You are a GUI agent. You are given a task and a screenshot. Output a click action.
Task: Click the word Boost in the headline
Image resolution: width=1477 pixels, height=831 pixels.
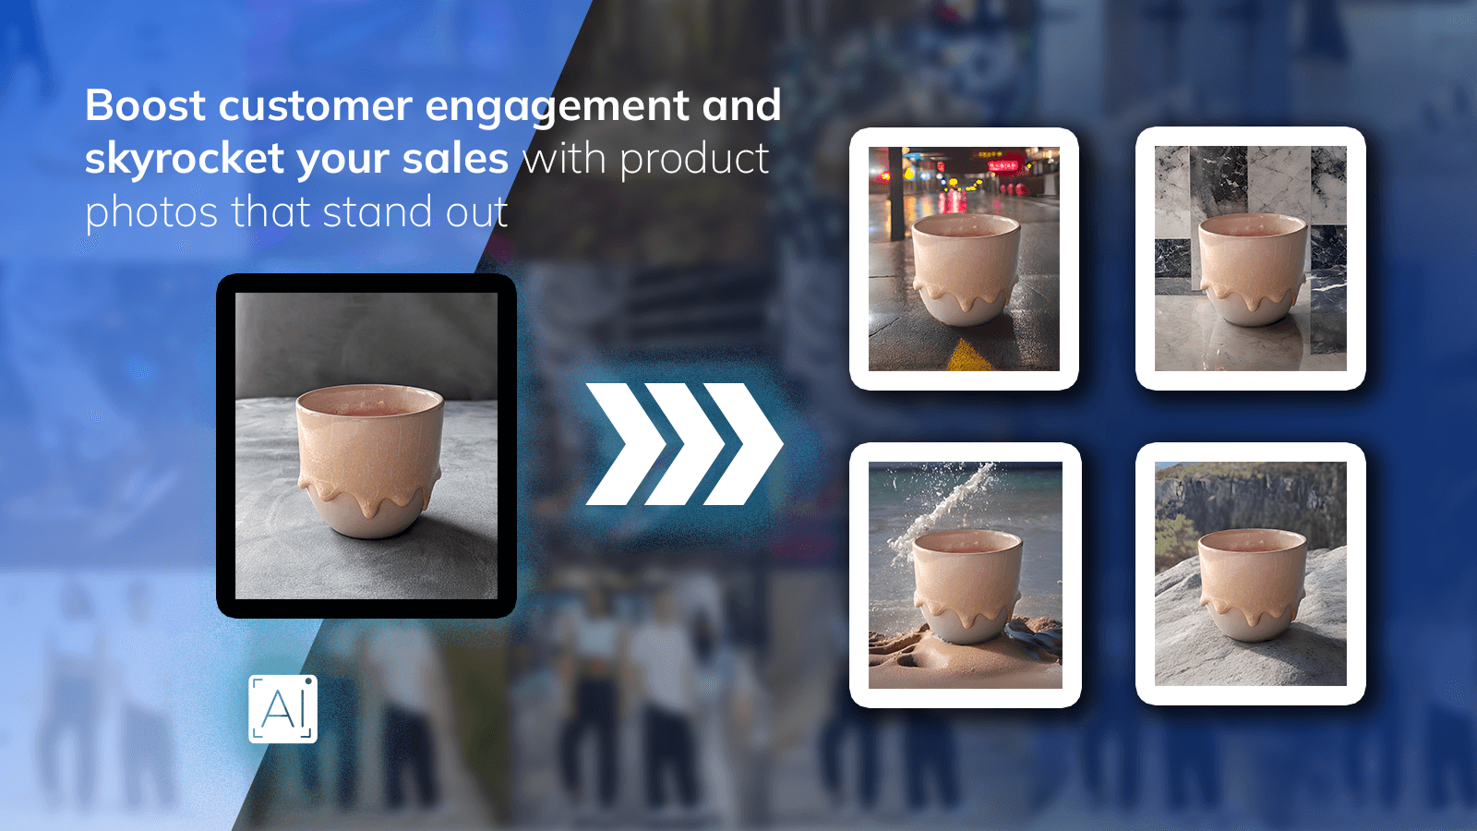pyautogui.click(x=145, y=105)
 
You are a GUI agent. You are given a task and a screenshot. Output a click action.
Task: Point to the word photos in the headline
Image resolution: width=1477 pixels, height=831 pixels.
pyautogui.click(x=151, y=212)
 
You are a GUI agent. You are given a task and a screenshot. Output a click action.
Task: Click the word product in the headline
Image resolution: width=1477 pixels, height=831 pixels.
pyautogui.click(x=694, y=159)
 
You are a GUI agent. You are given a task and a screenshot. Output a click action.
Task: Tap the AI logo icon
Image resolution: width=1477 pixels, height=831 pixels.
pyautogui.click(x=282, y=709)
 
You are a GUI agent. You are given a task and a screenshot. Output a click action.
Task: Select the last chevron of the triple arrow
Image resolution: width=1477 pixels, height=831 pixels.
pyautogui.click(x=744, y=444)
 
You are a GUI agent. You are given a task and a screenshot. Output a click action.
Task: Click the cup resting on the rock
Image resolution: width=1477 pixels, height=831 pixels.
pyautogui.click(x=1252, y=583)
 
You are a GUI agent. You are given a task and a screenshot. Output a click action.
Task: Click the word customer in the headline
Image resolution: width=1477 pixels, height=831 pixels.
pyautogui.click(x=315, y=105)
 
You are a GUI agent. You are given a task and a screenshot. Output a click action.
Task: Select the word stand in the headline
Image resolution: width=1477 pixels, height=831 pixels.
pyautogui.click(x=378, y=212)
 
